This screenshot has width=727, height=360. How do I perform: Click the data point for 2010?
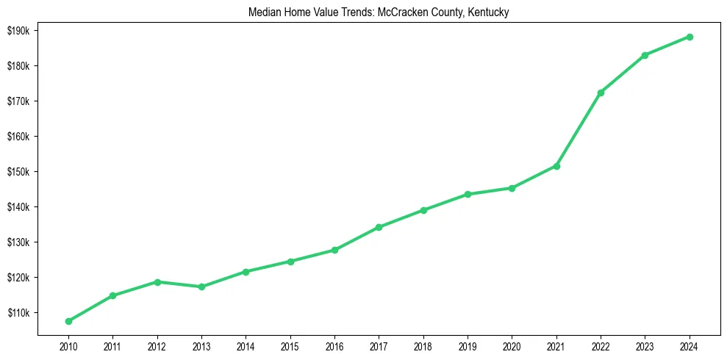click(x=68, y=321)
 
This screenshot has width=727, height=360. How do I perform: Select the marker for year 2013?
click(x=201, y=287)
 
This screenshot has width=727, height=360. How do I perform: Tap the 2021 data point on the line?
click(x=556, y=166)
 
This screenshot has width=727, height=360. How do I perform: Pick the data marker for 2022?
click(x=601, y=93)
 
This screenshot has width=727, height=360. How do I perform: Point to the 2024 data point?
click(x=690, y=37)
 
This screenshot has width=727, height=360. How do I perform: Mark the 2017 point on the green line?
click(x=379, y=227)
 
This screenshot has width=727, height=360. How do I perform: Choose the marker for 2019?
click(x=468, y=194)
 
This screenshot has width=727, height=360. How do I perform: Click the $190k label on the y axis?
click(x=17, y=31)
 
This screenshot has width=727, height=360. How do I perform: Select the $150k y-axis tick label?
click(x=17, y=172)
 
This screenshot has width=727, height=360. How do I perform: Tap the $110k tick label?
click(x=17, y=313)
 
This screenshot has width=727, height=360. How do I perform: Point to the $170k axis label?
click(x=17, y=101)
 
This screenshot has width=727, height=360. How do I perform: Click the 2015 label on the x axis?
click(x=290, y=345)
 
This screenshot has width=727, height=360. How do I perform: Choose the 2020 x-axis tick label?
click(x=512, y=345)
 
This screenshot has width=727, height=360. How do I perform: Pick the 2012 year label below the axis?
click(x=157, y=345)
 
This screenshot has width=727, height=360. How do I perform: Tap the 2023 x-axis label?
click(x=645, y=345)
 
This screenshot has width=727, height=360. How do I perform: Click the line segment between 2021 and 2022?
click(x=579, y=129)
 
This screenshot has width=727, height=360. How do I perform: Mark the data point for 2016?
click(x=334, y=250)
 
